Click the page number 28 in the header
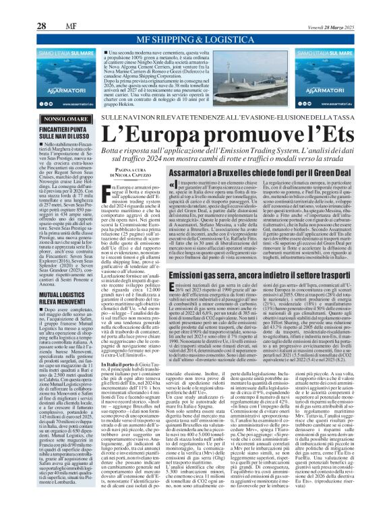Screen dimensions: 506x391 [x=22, y=9]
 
